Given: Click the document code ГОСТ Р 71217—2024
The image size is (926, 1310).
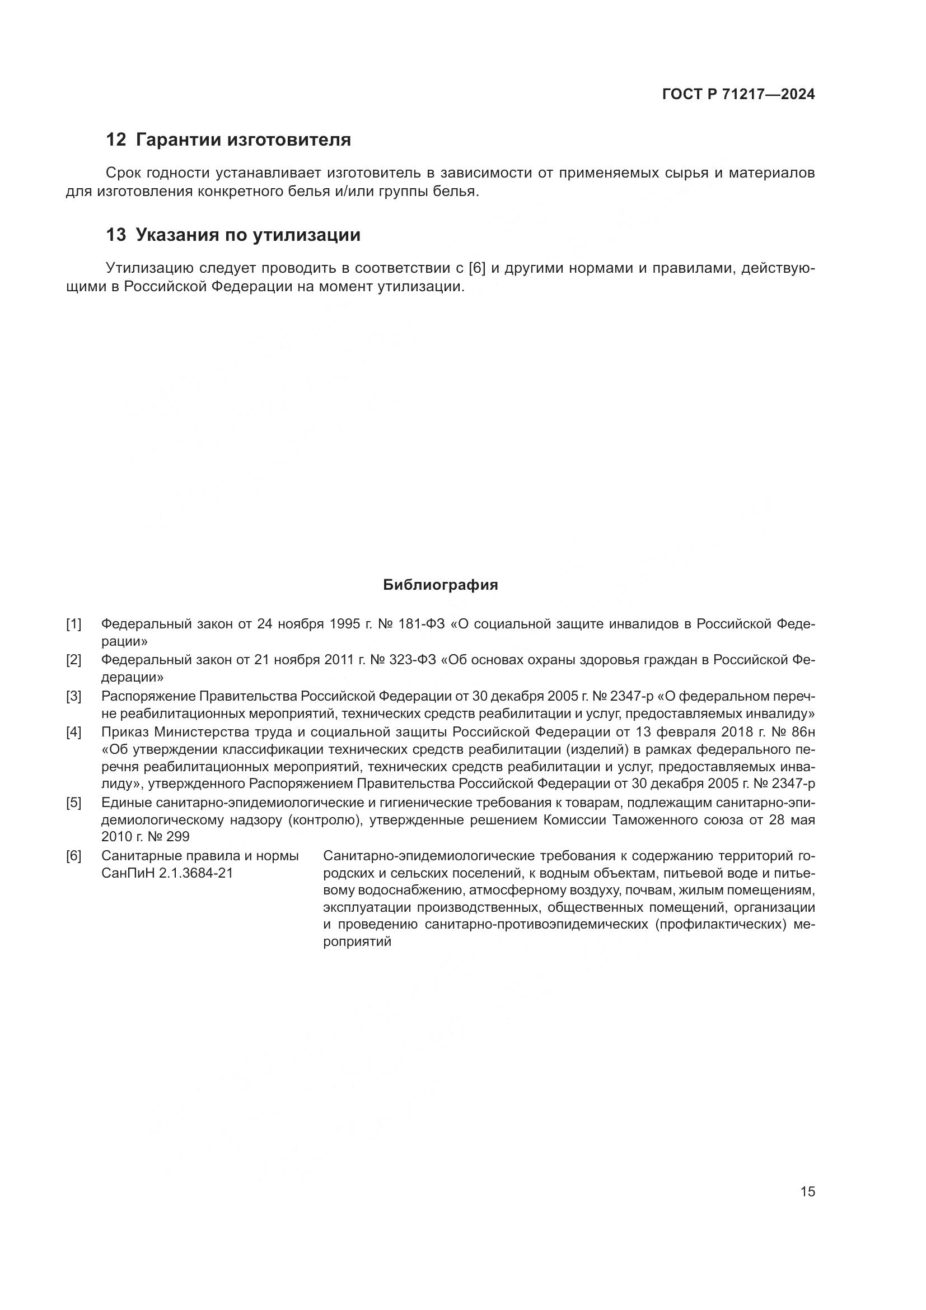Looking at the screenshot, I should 738,95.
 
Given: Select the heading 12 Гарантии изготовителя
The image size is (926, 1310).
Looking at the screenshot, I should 228,140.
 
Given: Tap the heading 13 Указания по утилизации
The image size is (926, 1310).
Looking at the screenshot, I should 233,235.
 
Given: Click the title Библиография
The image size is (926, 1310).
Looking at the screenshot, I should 440,585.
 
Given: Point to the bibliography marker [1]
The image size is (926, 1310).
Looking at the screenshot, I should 73,624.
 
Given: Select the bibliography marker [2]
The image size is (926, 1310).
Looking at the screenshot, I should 73,660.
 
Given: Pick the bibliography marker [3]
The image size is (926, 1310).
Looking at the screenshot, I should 73,696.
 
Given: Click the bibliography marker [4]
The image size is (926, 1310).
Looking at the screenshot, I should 73,732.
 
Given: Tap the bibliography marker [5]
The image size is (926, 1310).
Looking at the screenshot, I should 73,803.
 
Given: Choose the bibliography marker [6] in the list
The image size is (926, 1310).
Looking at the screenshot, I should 73,856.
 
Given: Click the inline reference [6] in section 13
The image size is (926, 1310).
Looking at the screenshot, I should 475,268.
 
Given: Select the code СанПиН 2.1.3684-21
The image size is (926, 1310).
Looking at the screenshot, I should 167,874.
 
